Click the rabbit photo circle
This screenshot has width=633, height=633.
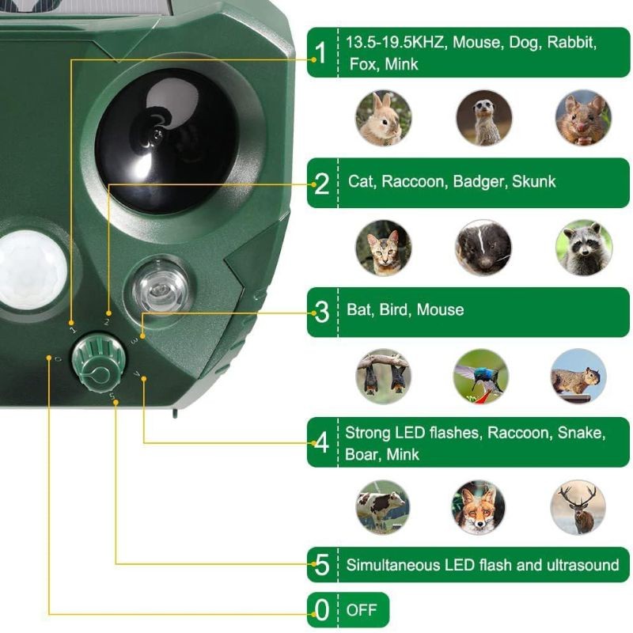tap(384, 118)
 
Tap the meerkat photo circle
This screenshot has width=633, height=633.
tap(484, 118)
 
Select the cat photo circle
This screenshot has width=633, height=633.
tap(384, 248)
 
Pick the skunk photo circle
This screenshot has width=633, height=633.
tap(483, 248)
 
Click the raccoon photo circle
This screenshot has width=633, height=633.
tap(584, 248)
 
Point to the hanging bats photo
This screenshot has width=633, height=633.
tap(384, 377)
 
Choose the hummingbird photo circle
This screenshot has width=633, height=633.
tap(481, 377)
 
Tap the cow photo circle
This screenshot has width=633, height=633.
tap(383, 507)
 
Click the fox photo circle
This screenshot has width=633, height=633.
tap(479, 507)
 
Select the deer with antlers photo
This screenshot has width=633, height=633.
tap(578, 507)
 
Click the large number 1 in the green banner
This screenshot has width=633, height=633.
tap(321, 52)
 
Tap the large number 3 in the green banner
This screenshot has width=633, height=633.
tap(322, 312)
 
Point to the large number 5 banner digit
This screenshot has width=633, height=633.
tap(322, 565)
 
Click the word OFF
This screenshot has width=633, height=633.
tap(362, 610)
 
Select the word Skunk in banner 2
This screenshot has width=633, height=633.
tap(533, 182)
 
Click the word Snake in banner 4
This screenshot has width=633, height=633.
tap(582, 433)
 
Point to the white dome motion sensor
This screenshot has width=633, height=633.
tap(32, 269)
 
